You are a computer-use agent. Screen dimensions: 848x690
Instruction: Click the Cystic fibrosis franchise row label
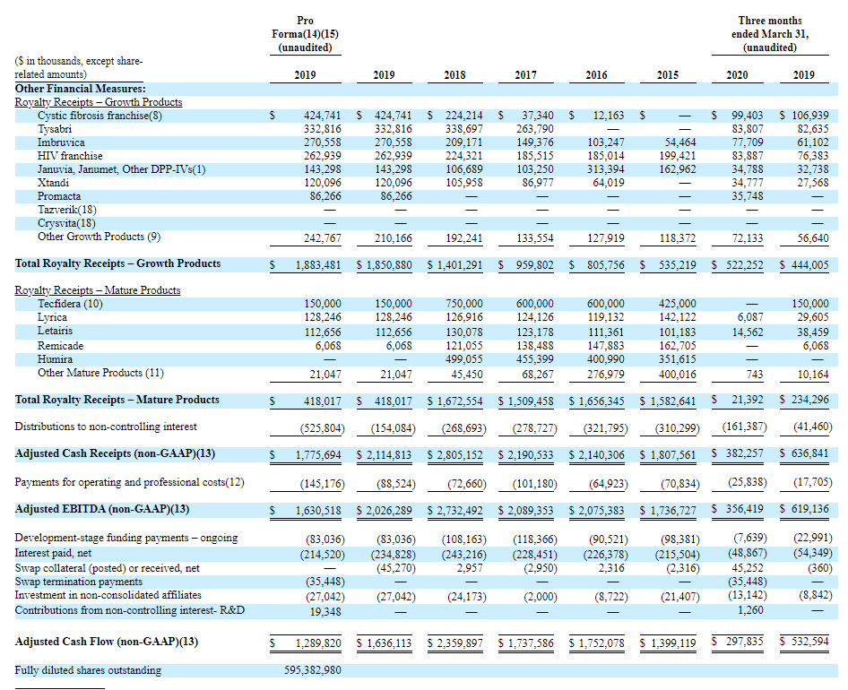[100, 116]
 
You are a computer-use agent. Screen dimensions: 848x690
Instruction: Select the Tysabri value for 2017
[535, 129]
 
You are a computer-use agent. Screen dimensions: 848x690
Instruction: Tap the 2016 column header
[596, 75]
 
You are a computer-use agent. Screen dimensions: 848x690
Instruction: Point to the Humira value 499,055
[464, 359]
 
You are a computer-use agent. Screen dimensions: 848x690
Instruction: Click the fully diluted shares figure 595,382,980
[313, 670]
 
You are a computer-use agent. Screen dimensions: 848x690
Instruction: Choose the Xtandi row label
[53, 183]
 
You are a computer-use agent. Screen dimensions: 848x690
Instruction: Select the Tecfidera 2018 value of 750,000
[464, 304]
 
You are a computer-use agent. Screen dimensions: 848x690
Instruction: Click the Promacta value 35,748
[748, 196]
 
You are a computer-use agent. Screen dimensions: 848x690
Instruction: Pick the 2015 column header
[667, 75]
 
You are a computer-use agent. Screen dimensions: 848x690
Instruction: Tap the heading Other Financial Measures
[80, 89]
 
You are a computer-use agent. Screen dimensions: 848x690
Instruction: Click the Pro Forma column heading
[305, 34]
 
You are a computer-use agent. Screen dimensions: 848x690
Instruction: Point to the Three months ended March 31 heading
[770, 34]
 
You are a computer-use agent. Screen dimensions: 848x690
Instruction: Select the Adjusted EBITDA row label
[102, 509]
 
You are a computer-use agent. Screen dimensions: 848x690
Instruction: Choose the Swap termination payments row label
[78, 582]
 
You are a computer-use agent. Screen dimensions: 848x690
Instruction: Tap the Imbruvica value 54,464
[679, 142]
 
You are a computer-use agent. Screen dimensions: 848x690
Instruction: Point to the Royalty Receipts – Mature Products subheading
[98, 290]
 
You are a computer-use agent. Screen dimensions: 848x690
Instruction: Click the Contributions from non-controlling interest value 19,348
[325, 612]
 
